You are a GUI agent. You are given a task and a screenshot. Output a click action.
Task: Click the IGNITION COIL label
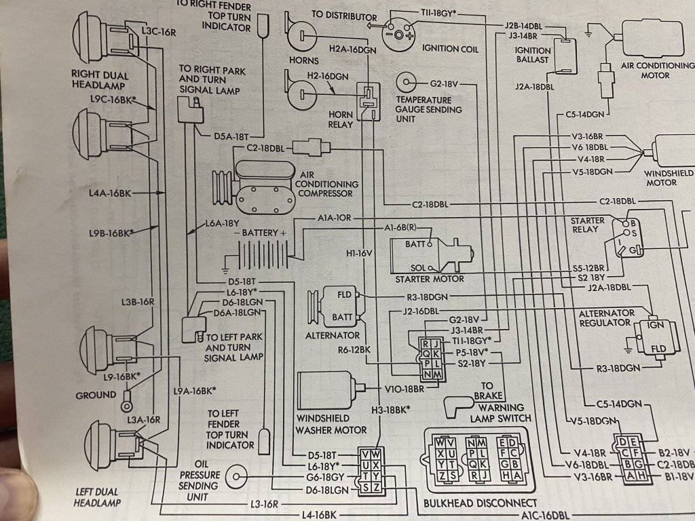(x=450, y=50)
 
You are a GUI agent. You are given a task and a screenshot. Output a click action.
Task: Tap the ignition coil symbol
(x=398, y=31)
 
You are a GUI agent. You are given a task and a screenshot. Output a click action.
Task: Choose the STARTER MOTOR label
(x=430, y=279)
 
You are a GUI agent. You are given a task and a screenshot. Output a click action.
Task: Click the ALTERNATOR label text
(x=333, y=335)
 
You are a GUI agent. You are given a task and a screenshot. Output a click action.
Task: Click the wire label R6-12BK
(x=354, y=350)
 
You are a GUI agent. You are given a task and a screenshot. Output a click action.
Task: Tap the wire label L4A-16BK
(x=109, y=193)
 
